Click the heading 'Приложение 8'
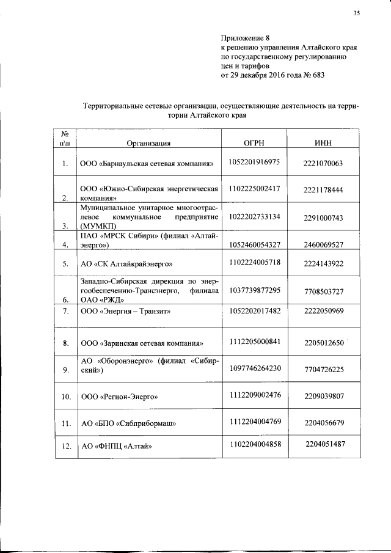tap(240, 37)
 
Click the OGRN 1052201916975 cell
tap(254, 162)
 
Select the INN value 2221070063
tap(323, 164)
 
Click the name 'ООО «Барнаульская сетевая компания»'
tap(147, 164)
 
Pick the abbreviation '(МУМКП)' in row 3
tap(99, 226)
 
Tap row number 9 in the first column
tap(65, 370)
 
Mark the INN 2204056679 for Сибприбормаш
tap(323, 422)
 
